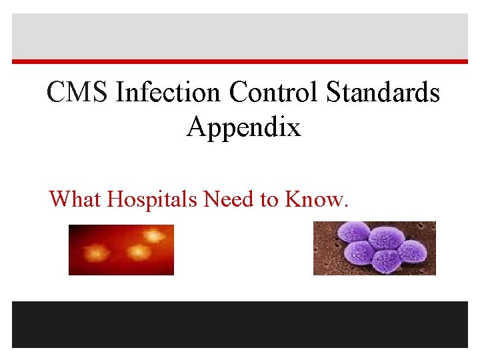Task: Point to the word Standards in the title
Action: pyautogui.click(x=383, y=93)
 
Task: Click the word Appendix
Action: pyautogui.click(x=243, y=127)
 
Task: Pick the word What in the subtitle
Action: pyautogui.click(x=76, y=199)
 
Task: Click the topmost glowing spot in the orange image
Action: pyautogui.click(x=153, y=235)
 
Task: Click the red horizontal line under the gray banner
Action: pyautogui.click(x=240, y=62)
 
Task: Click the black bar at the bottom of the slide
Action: pyautogui.click(x=240, y=324)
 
